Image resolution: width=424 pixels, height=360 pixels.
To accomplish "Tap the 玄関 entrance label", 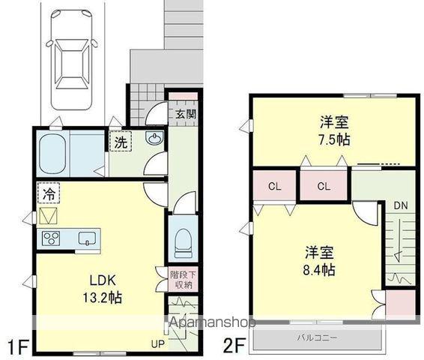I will [186, 114].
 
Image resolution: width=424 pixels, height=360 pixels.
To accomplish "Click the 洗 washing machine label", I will [120, 141].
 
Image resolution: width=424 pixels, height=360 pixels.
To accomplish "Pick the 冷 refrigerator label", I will [47, 193].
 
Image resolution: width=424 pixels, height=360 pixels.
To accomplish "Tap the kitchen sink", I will [87, 239].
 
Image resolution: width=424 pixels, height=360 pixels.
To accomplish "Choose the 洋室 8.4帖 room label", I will [319, 260].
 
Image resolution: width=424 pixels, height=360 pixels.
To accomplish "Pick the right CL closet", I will [324, 186].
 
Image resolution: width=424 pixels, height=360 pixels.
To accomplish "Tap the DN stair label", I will [400, 204].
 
